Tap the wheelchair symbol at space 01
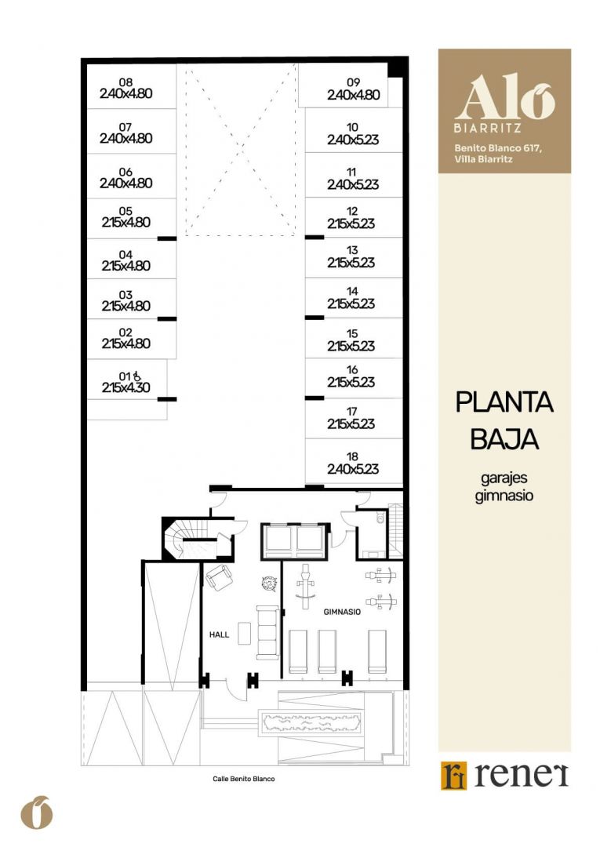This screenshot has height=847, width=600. click(x=137, y=376)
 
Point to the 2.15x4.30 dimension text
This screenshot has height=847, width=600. click(x=125, y=387)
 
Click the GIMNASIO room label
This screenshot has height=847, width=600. click(x=342, y=612)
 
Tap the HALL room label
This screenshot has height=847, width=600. click(x=220, y=634)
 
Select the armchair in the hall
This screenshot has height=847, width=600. click(x=220, y=577)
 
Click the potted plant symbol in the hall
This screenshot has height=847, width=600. click(x=269, y=583)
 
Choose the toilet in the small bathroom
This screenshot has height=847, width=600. click(x=380, y=519)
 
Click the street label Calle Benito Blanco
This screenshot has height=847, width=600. click(x=244, y=779)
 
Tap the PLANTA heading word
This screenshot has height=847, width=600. click(x=504, y=402)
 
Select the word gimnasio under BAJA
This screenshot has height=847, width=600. click(x=504, y=496)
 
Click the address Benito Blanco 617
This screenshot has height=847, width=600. click(x=497, y=147)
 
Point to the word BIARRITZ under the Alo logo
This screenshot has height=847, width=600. click(x=488, y=129)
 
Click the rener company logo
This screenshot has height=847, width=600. click(x=504, y=776)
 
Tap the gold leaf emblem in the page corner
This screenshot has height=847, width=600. click(x=38, y=812)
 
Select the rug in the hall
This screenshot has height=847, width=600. click(x=245, y=633)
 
